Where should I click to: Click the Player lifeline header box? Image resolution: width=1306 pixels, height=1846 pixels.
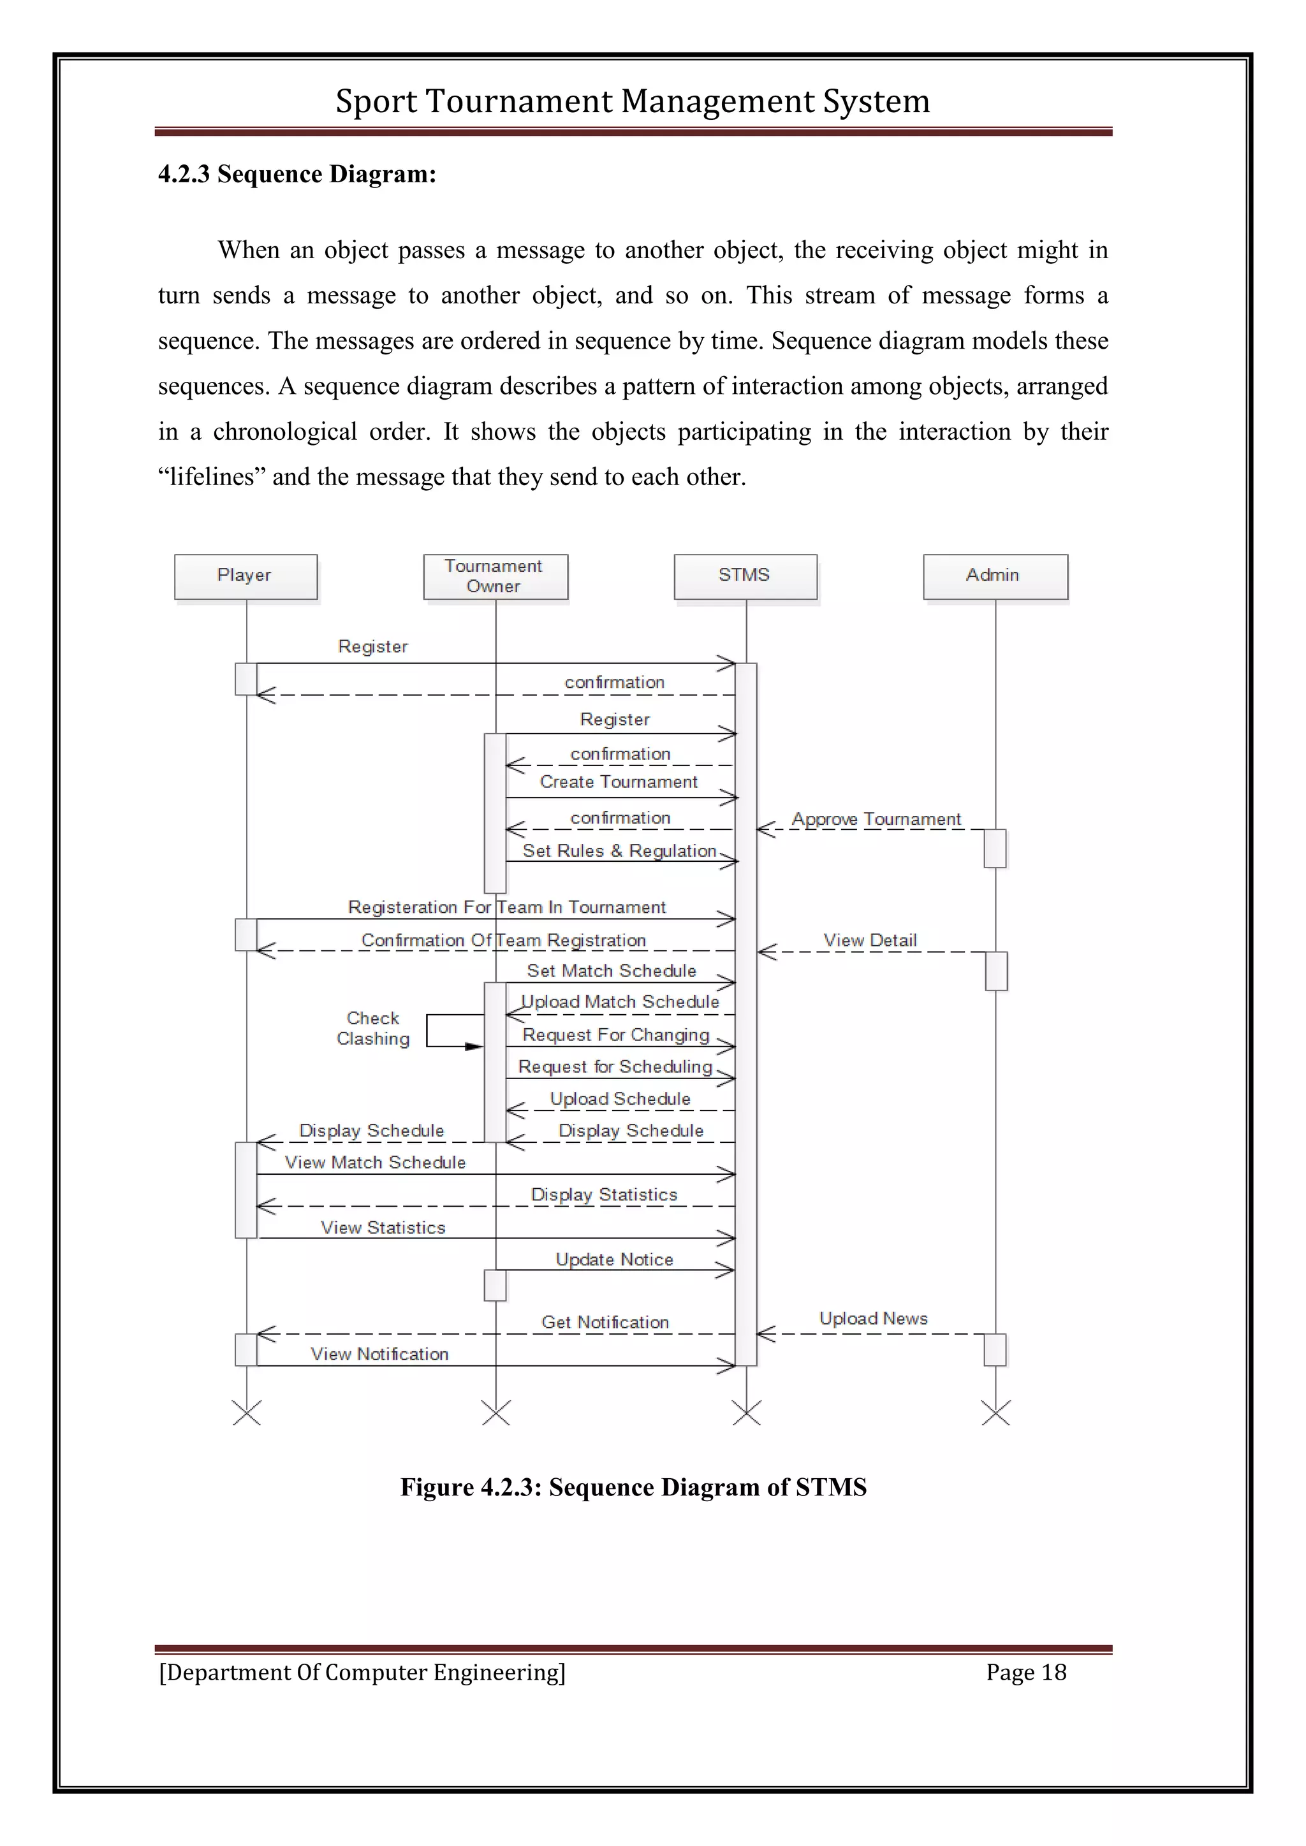(x=246, y=576)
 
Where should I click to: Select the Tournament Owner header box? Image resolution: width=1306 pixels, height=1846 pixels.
(x=495, y=576)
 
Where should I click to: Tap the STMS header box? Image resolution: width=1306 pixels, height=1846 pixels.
(x=745, y=576)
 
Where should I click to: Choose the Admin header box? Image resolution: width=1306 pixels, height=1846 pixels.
(x=995, y=576)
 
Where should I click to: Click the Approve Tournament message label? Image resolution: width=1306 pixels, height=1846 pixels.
(x=876, y=818)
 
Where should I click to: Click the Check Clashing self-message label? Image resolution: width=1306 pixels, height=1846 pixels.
(x=372, y=1028)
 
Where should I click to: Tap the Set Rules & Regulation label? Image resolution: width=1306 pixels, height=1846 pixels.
(x=619, y=850)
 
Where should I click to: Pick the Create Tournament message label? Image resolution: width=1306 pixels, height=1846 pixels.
(x=619, y=781)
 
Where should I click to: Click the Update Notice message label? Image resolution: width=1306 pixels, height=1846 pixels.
(x=613, y=1259)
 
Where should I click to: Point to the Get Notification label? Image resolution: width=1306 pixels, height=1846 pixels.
(x=605, y=1322)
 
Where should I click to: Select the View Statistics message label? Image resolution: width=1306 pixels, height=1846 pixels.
(x=383, y=1227)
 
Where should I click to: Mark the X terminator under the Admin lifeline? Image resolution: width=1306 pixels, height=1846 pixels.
(x=995, y=1413)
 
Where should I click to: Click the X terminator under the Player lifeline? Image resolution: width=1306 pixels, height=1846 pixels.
(x=246, y=1413)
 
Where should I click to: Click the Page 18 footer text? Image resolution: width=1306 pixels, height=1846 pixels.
(x=1025, y=1673)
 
